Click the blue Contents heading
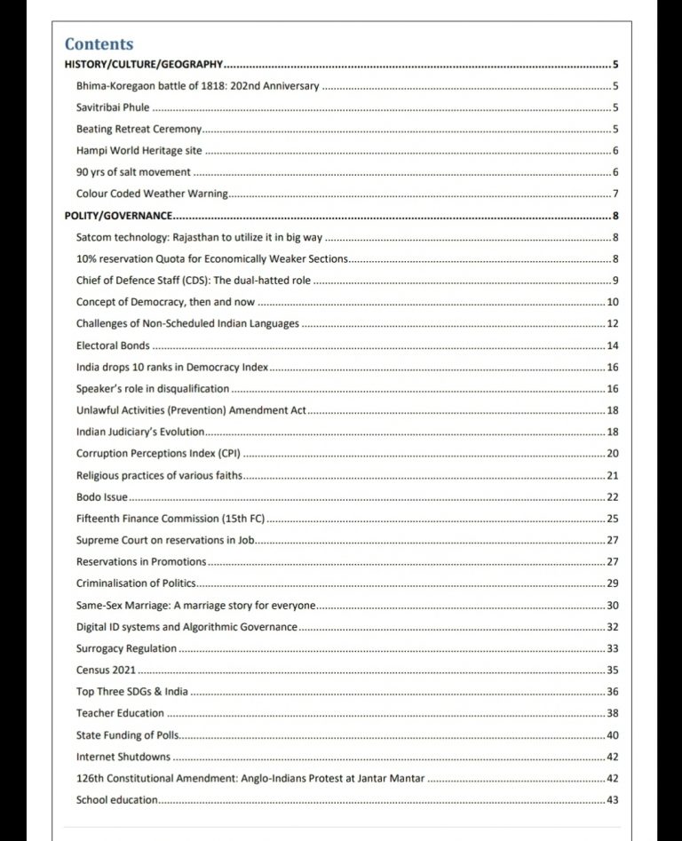click(x=99, y=44)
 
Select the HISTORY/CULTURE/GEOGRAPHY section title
click(x=143, y=65)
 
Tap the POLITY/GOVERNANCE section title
click(x=119, y=216)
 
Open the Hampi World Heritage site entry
click(x=132, y=151)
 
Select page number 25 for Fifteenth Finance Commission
click(x=613, y=519)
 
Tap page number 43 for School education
click(x=613, y=800)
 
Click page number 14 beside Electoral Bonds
click(x=613, y=345)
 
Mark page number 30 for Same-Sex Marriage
click(x=613, y=606)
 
